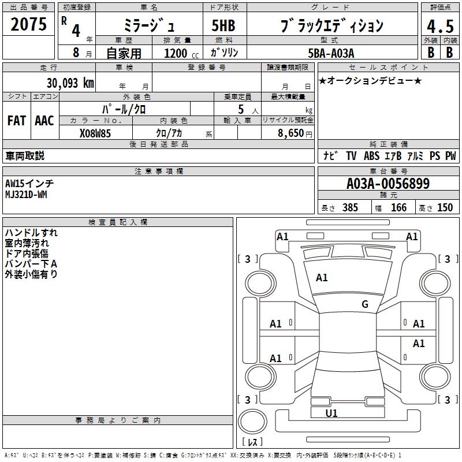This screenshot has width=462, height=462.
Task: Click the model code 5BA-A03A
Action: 331,53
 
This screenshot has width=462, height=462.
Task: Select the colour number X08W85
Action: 95,132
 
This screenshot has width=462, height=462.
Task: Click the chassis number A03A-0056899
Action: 388,184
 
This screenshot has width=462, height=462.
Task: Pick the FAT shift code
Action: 16,120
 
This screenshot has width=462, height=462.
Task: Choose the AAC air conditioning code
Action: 44,120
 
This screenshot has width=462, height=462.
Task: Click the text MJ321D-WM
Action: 26,194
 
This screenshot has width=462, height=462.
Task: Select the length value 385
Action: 350,207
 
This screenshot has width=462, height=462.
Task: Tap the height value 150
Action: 445,207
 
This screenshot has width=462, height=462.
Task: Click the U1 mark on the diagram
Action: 331,413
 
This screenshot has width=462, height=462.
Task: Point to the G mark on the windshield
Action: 364,304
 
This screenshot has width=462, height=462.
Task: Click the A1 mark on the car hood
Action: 322,278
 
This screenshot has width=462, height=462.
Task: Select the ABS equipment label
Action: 371,156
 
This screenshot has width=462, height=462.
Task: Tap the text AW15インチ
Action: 29,184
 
